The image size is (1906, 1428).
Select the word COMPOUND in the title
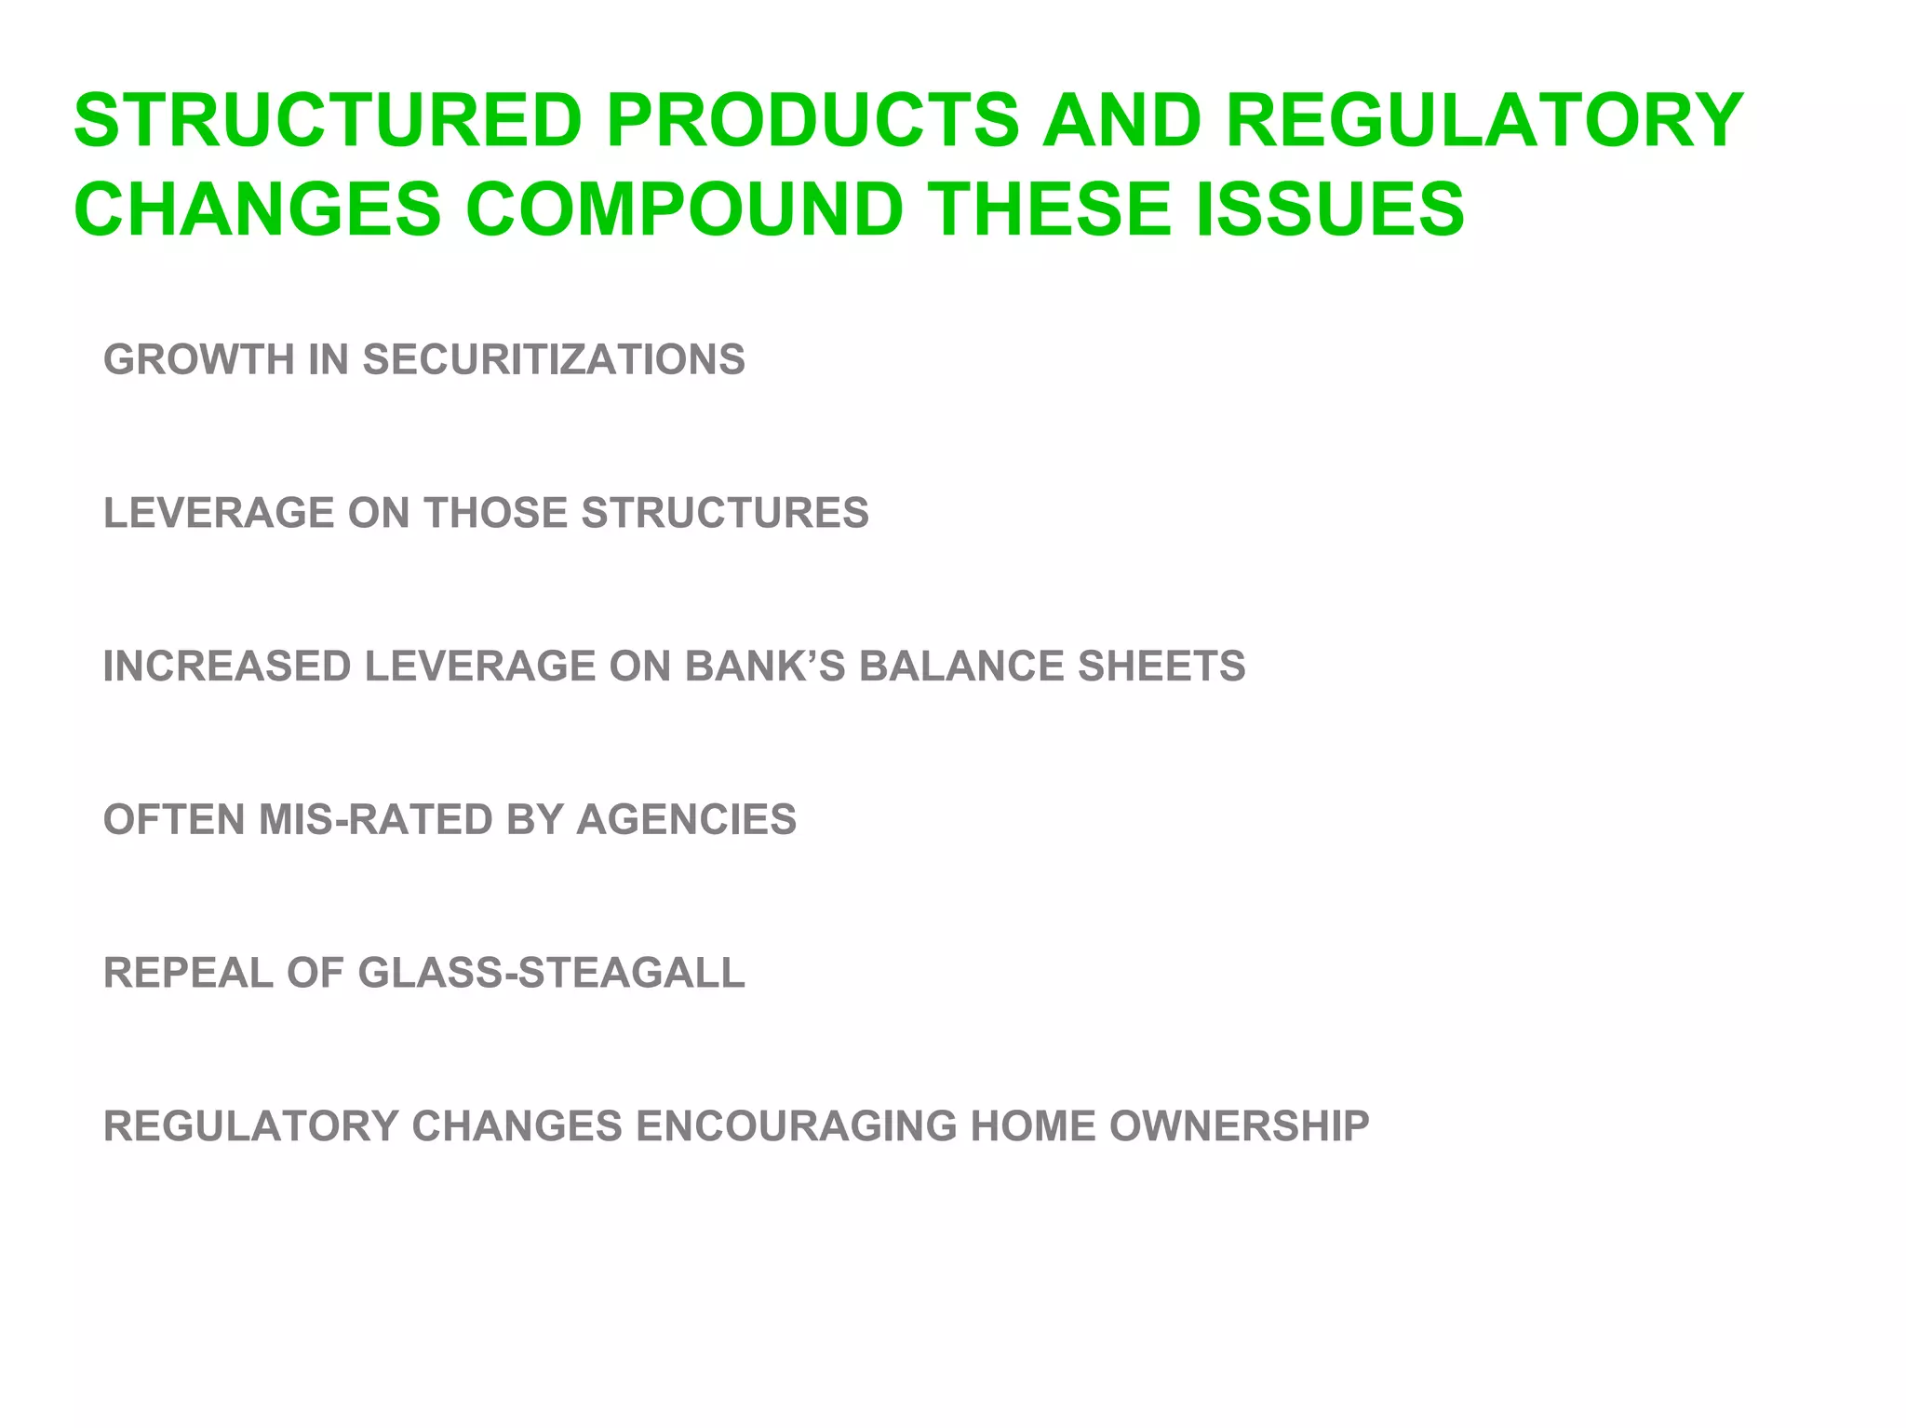click(684, 209)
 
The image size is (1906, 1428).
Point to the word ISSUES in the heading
click(1330, 209)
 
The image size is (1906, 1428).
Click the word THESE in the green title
click(1053, 209)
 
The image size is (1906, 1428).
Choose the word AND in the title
click(1121, 120)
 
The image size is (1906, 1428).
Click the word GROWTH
click(199, 359)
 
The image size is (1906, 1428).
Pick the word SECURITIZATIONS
click(554, 359)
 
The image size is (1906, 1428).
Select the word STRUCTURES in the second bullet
click(725, 513)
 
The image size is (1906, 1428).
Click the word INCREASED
click(227, 667)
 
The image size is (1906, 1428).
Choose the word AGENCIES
click(687, 820)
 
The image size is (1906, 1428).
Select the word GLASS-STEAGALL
click(551, 973)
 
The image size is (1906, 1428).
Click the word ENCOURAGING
click(796, 1126)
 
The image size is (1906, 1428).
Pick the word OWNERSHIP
click(1239, 1126)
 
